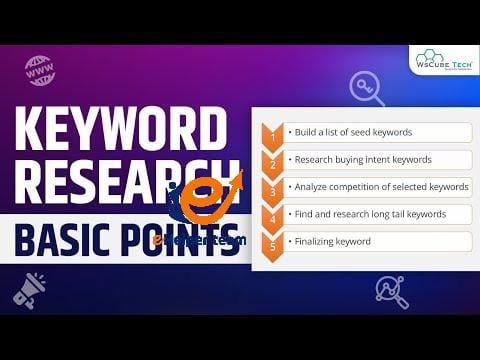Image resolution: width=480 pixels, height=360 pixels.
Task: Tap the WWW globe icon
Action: pyautogui.click(x=40, y=70)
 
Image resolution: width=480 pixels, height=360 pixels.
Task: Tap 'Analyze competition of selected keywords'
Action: pyautogui.click(x=378, y=186)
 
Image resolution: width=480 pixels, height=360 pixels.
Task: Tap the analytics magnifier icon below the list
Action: pyautogui.click(x=391, y=291)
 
